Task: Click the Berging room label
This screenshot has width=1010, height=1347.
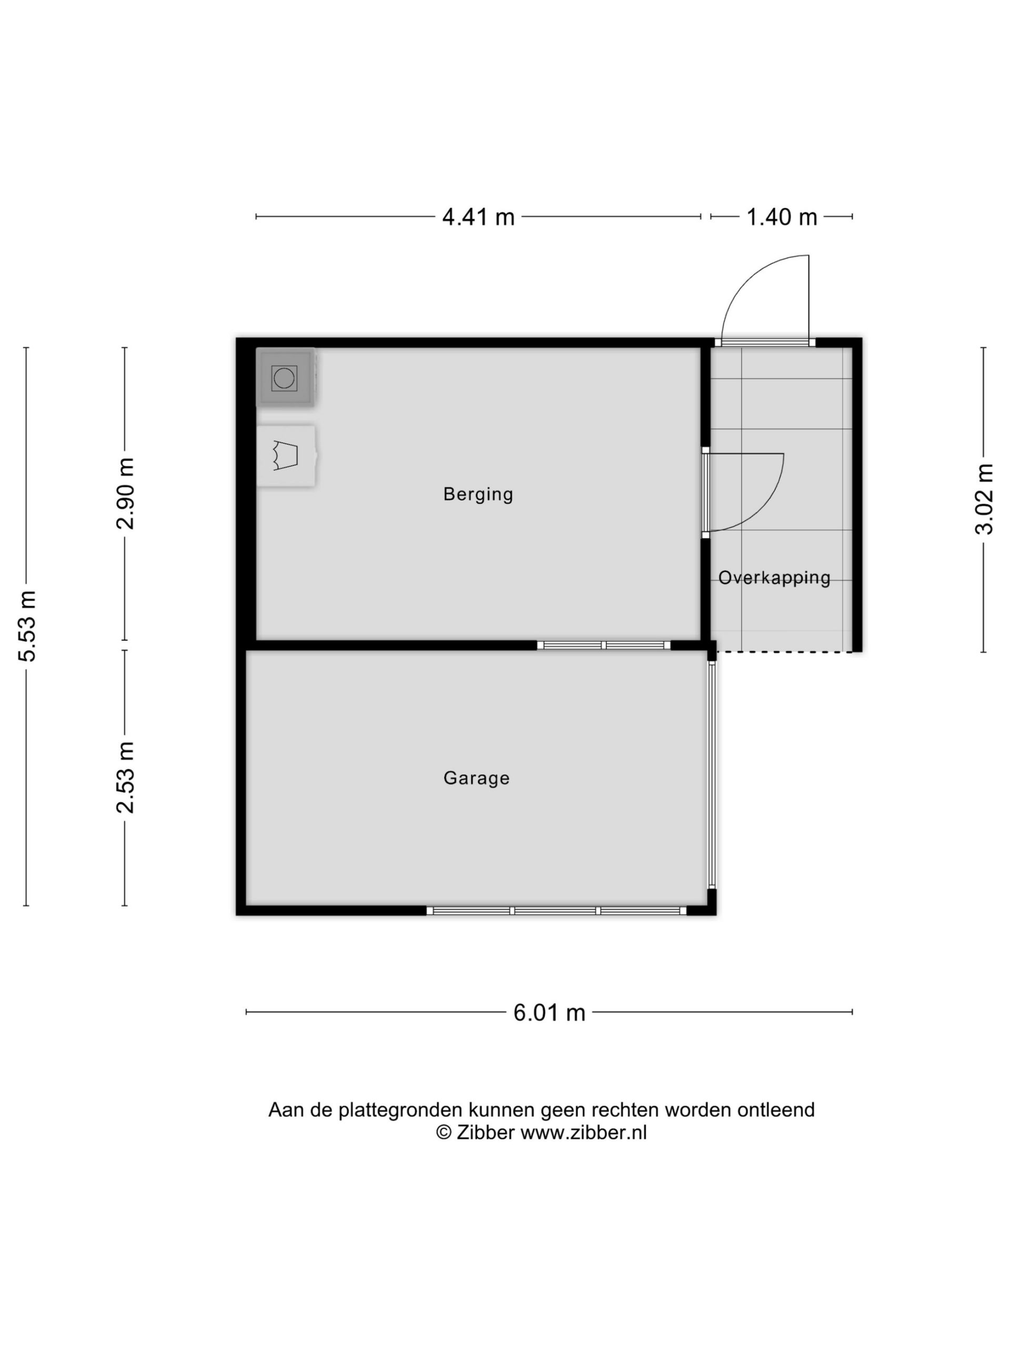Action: pyautogui.click(x=478, y=495)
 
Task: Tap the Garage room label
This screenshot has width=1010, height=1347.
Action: pyautogui.click(x=476, y=778)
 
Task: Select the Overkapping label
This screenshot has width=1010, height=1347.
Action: pyautogui.click(x=774, y=578)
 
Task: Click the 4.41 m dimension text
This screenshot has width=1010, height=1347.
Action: pyautogui.click(x=478, y=217)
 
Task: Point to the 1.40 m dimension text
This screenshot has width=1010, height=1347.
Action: pyautogui.click(x=782, y=217)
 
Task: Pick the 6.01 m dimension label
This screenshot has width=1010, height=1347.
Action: pyautogui.click(x=549, y=1013)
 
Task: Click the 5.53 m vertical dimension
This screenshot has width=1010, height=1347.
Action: pyautogui.click(x=27, y=626)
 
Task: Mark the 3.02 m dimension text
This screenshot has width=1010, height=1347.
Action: pyautogui.click(x=984, y=499)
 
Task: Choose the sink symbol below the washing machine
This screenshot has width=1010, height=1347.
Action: pyautogui.click(x=286, y=456)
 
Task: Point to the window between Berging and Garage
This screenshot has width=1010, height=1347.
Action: pyautogui.click(x=603, y=645)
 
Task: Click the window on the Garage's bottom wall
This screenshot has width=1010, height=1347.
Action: pyautogui.click(x=557, y=910)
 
